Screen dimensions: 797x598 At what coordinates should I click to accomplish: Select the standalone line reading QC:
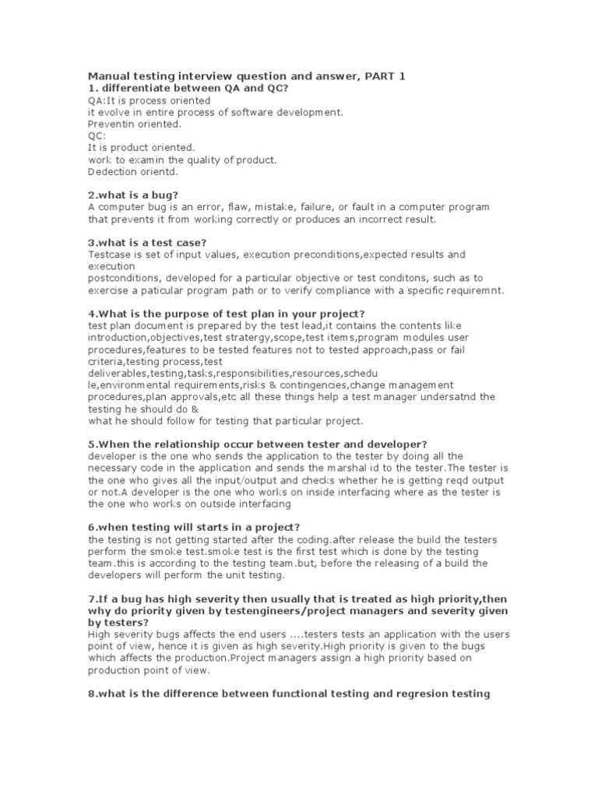[97, 135]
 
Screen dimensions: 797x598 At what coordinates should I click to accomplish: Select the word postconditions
[125, 278]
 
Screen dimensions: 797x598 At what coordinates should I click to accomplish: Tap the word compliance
[378, 290]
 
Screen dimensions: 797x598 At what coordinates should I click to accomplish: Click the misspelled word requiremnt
[475, 290]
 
